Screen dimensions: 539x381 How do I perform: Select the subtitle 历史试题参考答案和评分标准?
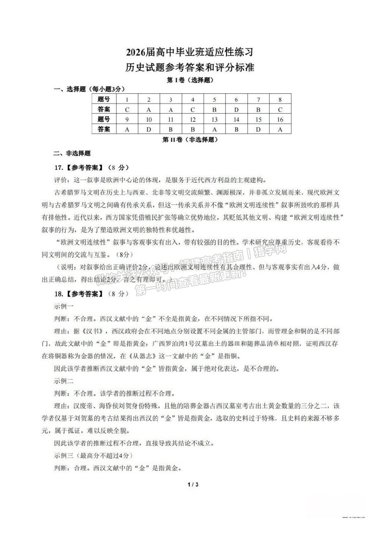(x=190, y=68)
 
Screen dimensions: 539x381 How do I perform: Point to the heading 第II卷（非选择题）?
(x=190, y=139)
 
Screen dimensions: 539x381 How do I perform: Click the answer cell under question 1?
(x=127, y=109)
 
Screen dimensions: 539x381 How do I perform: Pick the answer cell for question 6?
(x=236, y=109)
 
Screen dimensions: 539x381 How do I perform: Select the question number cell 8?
(x=280, y=100)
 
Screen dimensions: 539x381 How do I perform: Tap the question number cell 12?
(x=193, y=119)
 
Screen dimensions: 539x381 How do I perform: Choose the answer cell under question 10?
(x=149, y=129)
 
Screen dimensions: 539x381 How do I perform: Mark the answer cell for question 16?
(x=280, y=129)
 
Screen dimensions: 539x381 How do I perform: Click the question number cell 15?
(x=258, y=119)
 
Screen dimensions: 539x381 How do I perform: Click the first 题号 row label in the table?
(x=104, y=100)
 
